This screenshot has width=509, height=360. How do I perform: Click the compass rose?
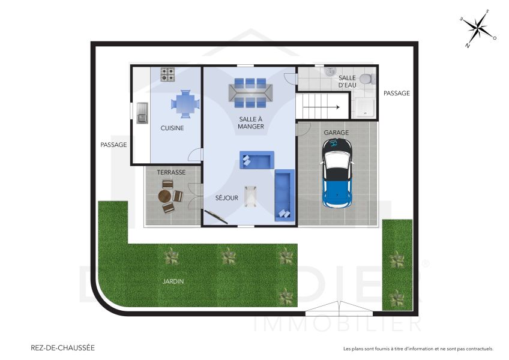click(478, 28)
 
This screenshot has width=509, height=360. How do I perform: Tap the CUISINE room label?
click(172, 128)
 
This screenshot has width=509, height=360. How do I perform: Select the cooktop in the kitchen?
click(167, 74)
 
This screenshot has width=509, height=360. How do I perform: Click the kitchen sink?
click(142, 112)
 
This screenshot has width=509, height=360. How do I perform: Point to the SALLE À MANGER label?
click(250, 122)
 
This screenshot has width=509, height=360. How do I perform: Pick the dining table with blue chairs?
click(250, 93)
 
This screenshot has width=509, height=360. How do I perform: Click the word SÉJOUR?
click(227, 197)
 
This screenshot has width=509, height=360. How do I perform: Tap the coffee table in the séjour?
click(250, 196)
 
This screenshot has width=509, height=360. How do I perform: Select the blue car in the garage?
click(337, 173)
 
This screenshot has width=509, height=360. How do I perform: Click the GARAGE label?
click(336, 132)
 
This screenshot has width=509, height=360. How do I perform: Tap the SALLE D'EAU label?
click(347, 82)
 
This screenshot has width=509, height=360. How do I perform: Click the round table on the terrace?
click(166, 196)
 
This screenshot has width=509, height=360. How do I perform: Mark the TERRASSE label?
click(171, 172)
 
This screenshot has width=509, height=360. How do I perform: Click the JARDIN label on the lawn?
click(172, 281)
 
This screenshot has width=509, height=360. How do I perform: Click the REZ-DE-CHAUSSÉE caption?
click(62, 347)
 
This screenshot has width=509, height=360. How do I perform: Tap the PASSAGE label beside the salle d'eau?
click(396, 93)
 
